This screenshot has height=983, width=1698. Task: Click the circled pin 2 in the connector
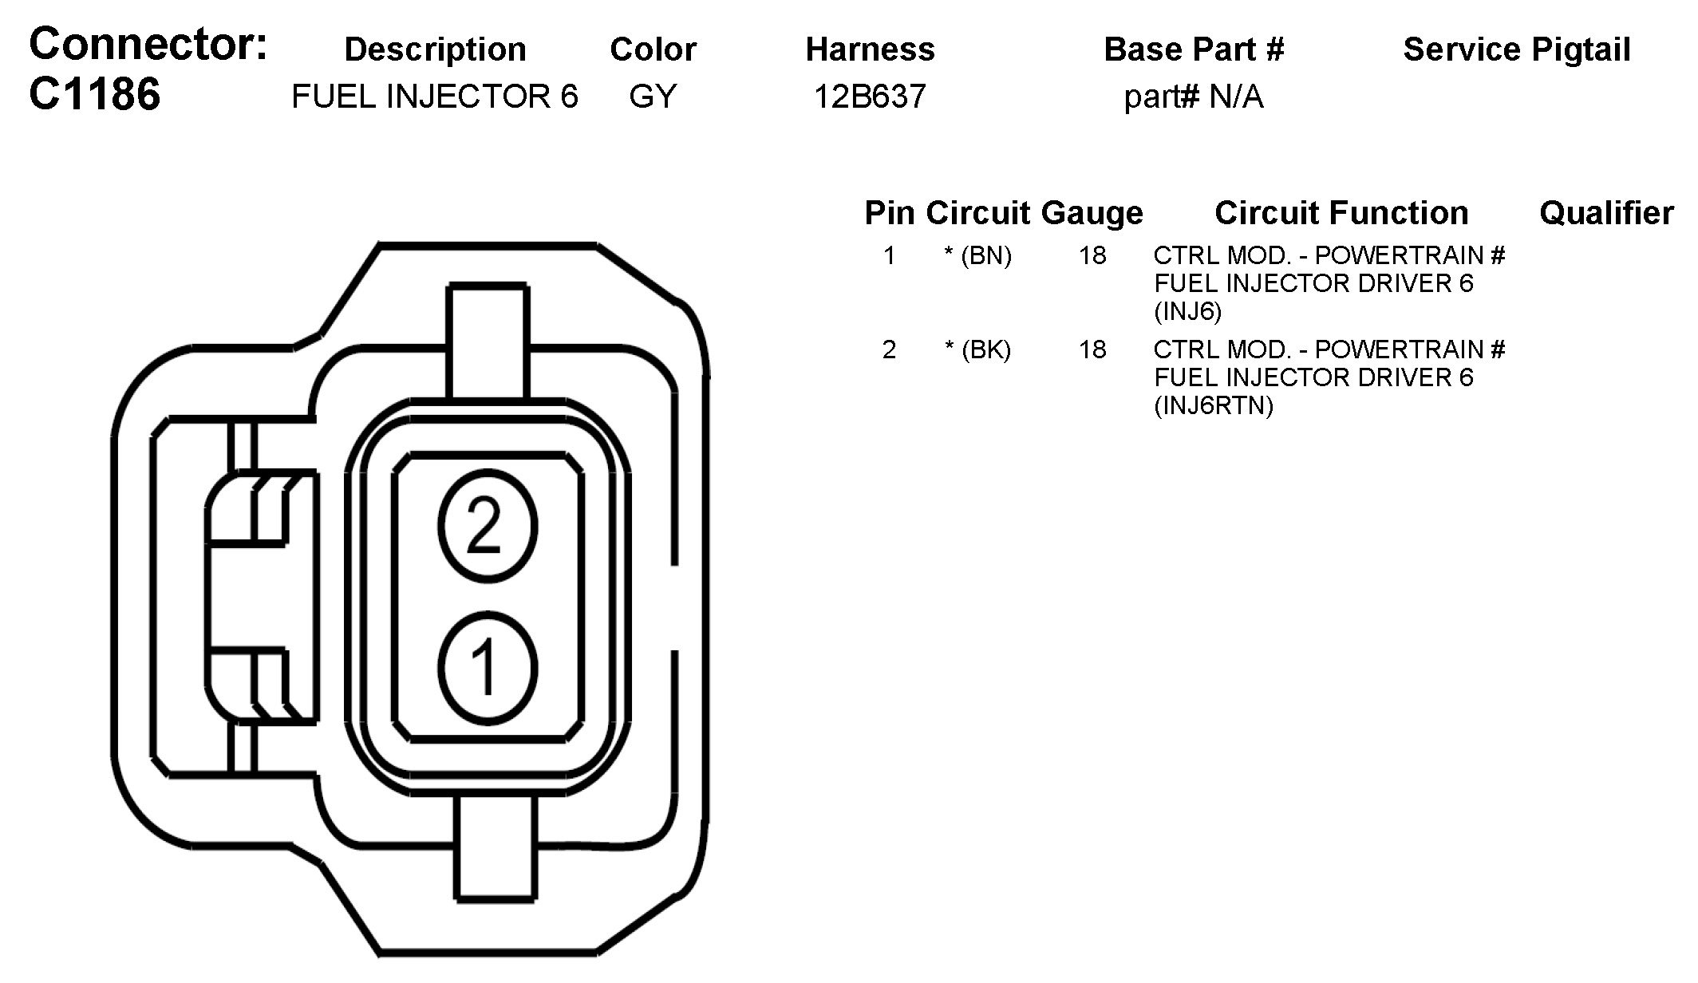click(x=487, y=526)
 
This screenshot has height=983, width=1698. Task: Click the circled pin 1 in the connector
click(x=487, y=667)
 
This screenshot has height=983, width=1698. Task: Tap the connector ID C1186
click(x=95, y=93)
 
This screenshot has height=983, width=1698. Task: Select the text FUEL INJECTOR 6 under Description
click(x=435, y=97)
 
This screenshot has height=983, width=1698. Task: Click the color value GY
click(x=653, y=97)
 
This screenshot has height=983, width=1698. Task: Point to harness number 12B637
click(x=870, y=97)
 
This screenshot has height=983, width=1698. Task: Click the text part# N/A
click(x=1194, y=97)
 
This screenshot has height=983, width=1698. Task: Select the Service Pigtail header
click(x=1517, y=49)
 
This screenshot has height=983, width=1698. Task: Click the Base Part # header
click(x=1194, y=49)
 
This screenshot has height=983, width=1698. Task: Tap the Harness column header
click(x=870, y=49)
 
